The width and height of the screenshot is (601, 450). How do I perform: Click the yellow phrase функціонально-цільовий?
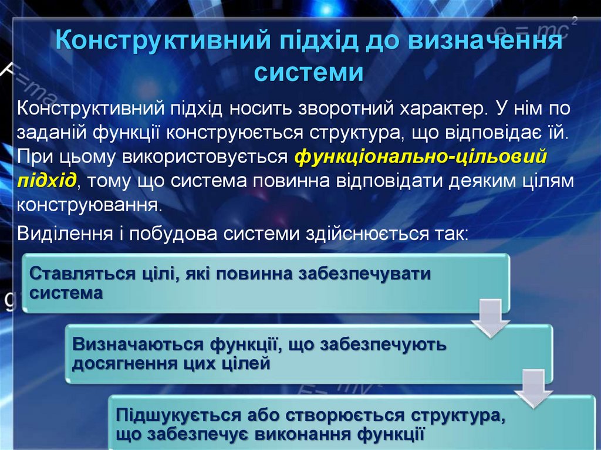pos(420,157)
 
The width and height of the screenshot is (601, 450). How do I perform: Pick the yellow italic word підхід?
pos(46,180)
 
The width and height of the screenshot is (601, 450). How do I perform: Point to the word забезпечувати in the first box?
pos(364,274)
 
